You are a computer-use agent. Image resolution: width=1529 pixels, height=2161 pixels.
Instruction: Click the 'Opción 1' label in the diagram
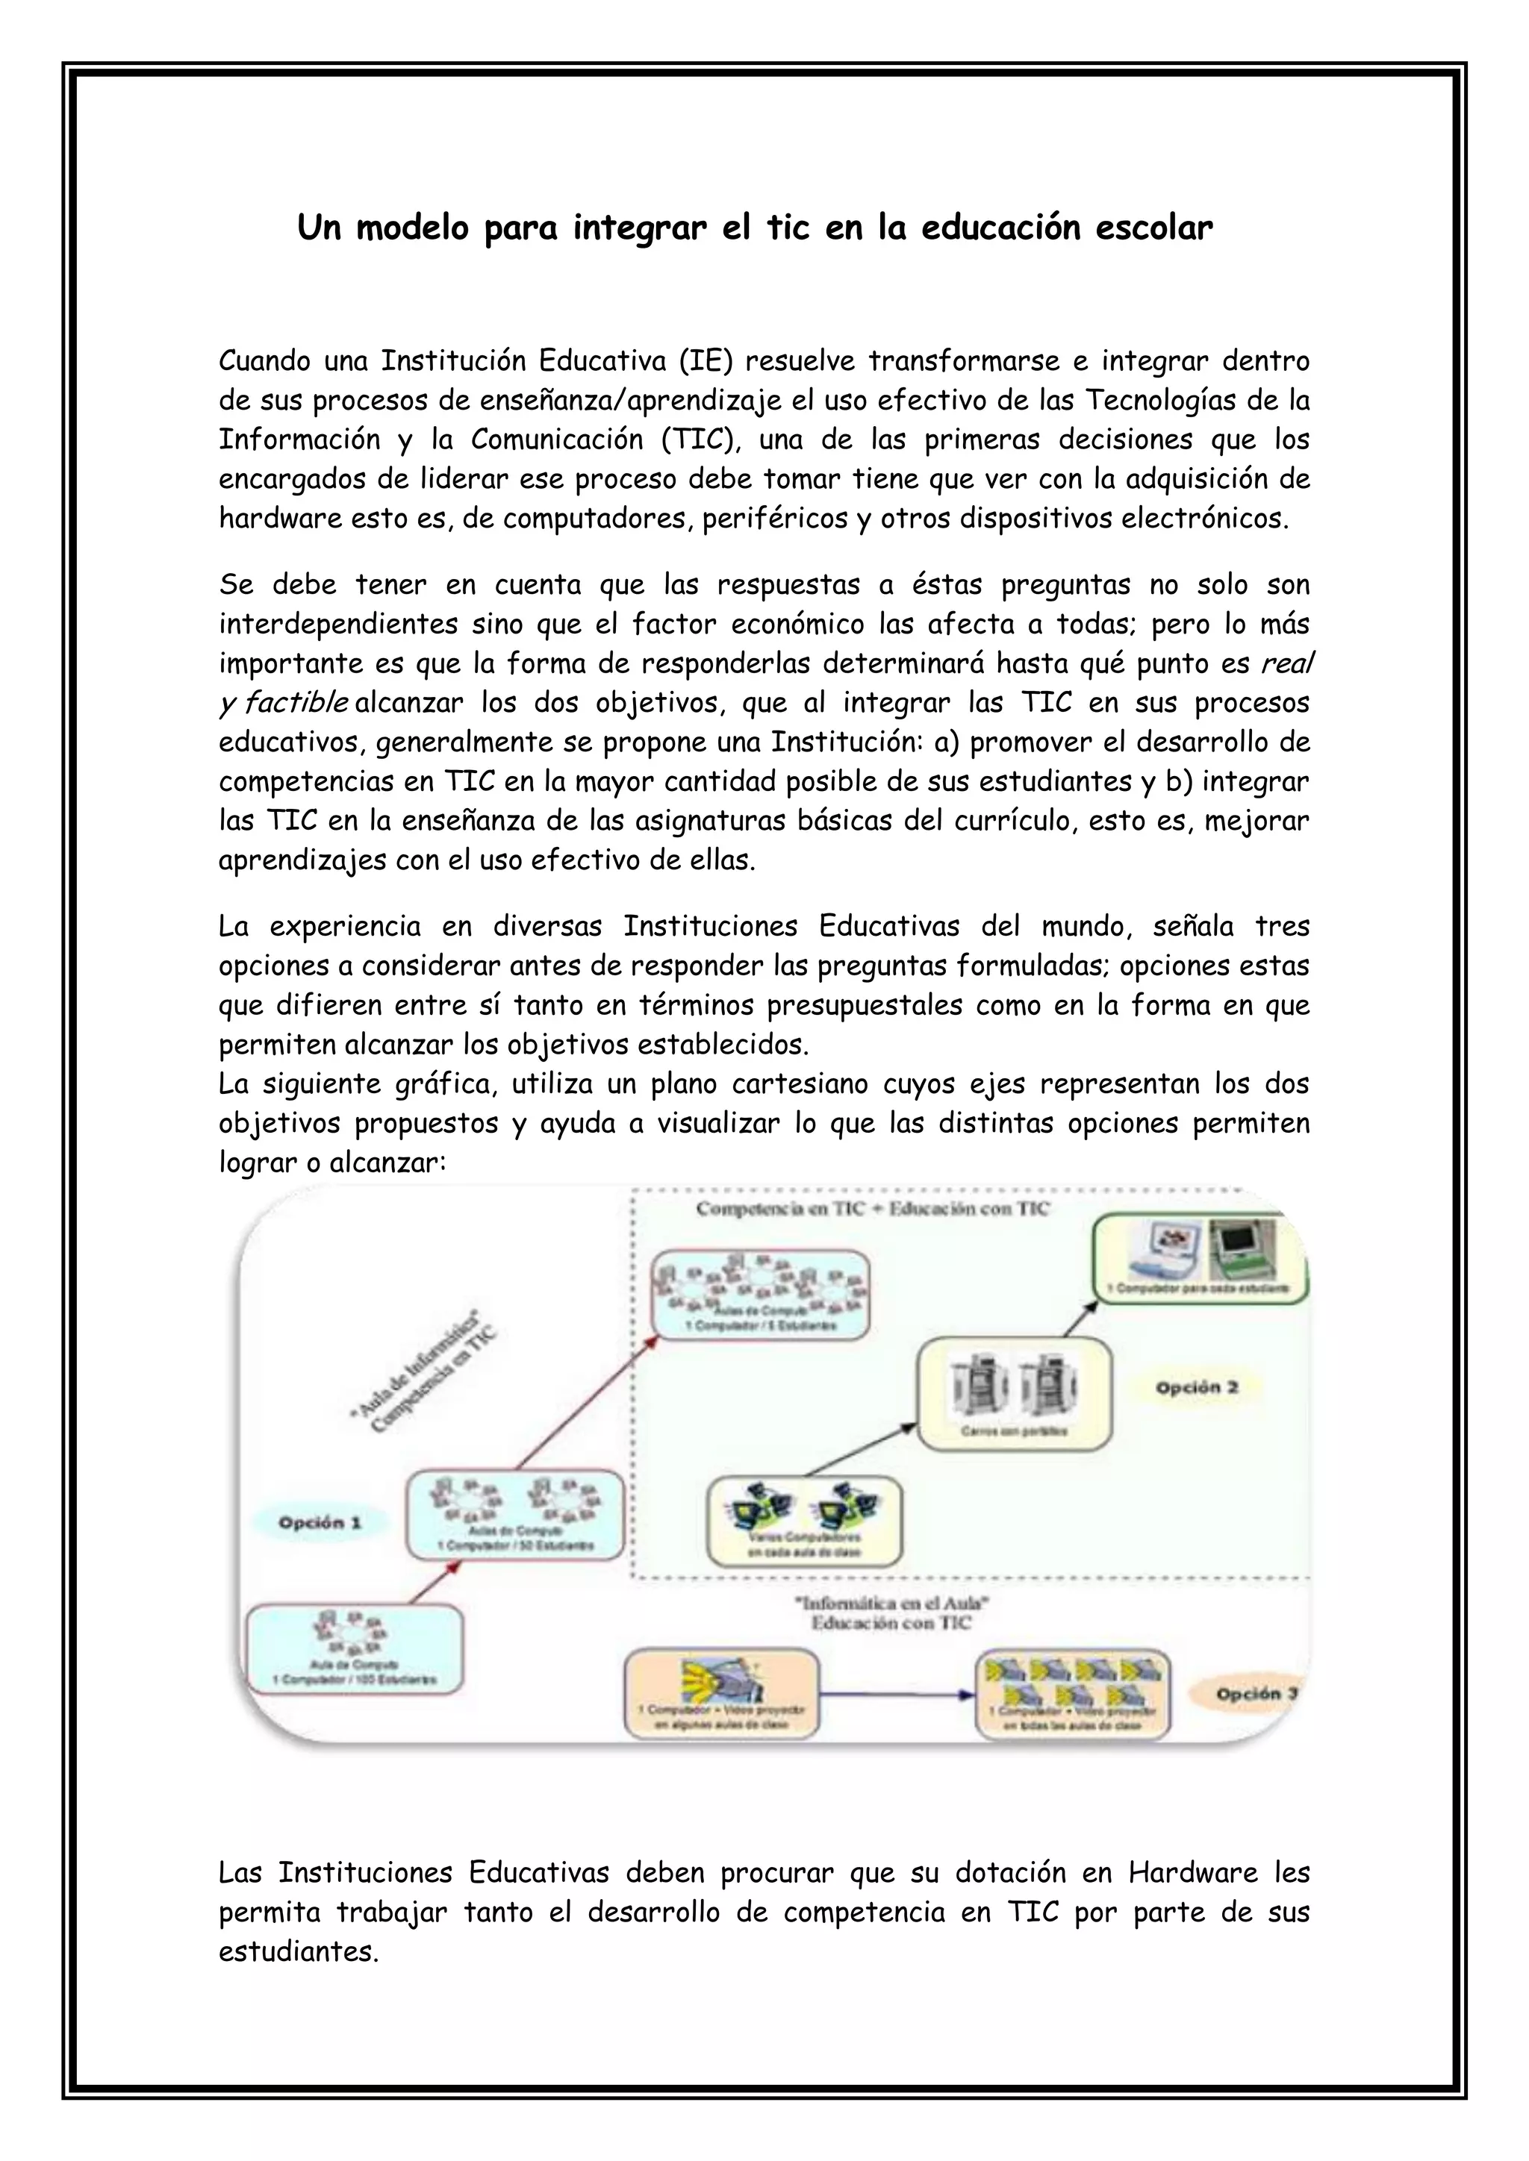coord(320,1523)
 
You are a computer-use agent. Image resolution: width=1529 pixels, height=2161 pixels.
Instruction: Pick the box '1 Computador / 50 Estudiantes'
coord(515,1516)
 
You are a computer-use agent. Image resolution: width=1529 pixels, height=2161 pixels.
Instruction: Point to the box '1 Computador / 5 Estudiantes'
coord(762,1293)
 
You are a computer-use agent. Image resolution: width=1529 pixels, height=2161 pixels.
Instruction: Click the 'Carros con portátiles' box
coord(1014,1393)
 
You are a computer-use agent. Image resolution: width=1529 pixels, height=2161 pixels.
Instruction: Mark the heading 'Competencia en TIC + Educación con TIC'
coord(872,1210)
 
